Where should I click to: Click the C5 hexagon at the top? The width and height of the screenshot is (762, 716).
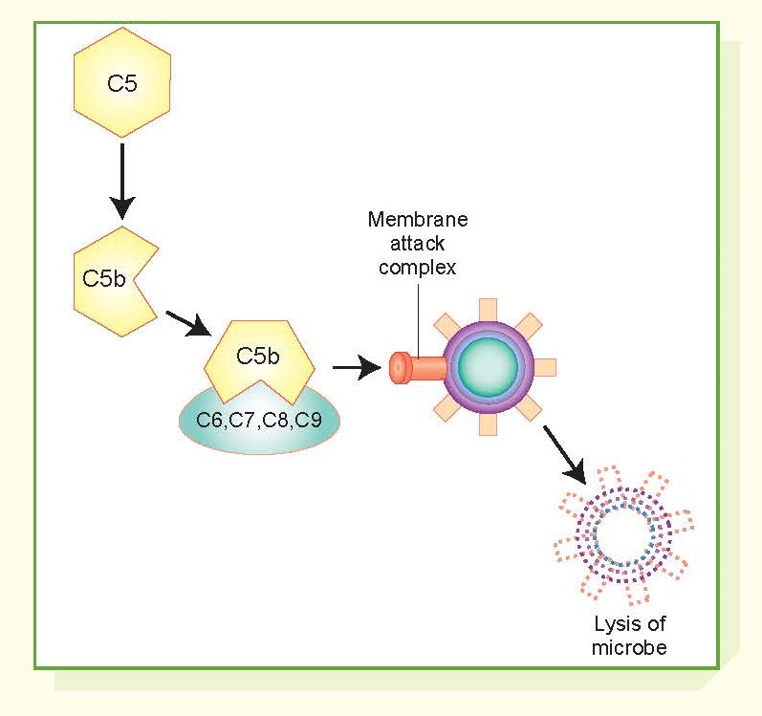click(x=122, y=83)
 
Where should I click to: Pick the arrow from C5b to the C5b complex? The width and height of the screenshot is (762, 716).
click(x=186, y=323)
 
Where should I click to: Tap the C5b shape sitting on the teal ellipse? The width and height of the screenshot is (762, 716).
click(x=257, y=361)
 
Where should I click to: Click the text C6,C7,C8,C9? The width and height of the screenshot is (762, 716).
click(x=258, y=421)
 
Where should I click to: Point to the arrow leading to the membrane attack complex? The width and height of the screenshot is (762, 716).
click(x=356, y=367)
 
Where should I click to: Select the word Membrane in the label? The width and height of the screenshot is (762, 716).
click(x=418, y=221)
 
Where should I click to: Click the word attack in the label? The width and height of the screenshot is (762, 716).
click(x=418, y=244)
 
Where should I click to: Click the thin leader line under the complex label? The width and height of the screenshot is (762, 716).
click(x=418, y=315)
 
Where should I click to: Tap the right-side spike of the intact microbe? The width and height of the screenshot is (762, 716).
click(x=546, y=367)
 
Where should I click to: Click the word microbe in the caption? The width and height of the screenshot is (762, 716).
click(x=628, y=647)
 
